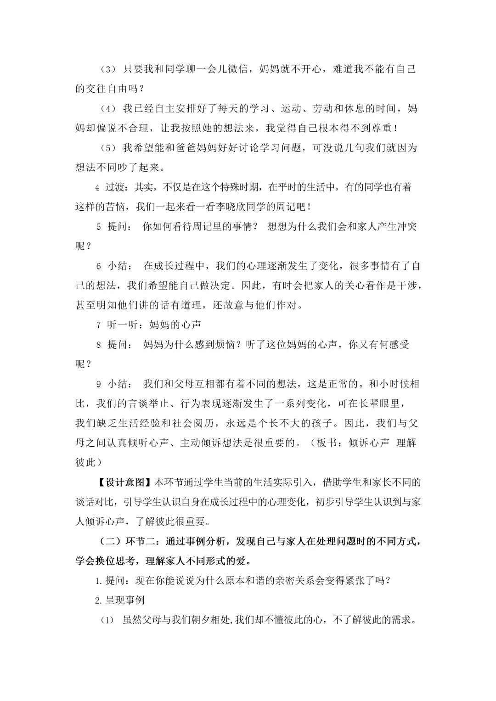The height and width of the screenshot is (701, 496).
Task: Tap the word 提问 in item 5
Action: pos(118,227)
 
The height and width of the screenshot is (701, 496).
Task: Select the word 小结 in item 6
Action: pos(118,266)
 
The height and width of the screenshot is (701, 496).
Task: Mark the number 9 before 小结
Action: pos(99,384)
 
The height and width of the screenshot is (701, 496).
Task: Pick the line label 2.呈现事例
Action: pos(120,600)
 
